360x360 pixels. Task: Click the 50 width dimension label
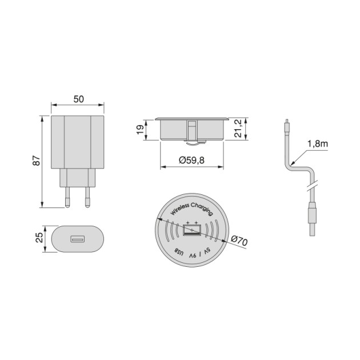[x=78, y=99]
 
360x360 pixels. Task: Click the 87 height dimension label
[x=35, y=162]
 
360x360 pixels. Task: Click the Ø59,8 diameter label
[x=191, y=161]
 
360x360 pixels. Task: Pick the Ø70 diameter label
[x=239, y=242]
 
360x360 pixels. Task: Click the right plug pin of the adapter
[x=88, y=197]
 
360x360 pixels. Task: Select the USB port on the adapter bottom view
[x=78, y=239]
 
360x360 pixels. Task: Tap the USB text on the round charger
[x=178, y=251]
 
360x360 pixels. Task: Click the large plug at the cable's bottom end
[x=311, y=217]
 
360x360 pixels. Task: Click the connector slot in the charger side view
[x=193, y=130]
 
